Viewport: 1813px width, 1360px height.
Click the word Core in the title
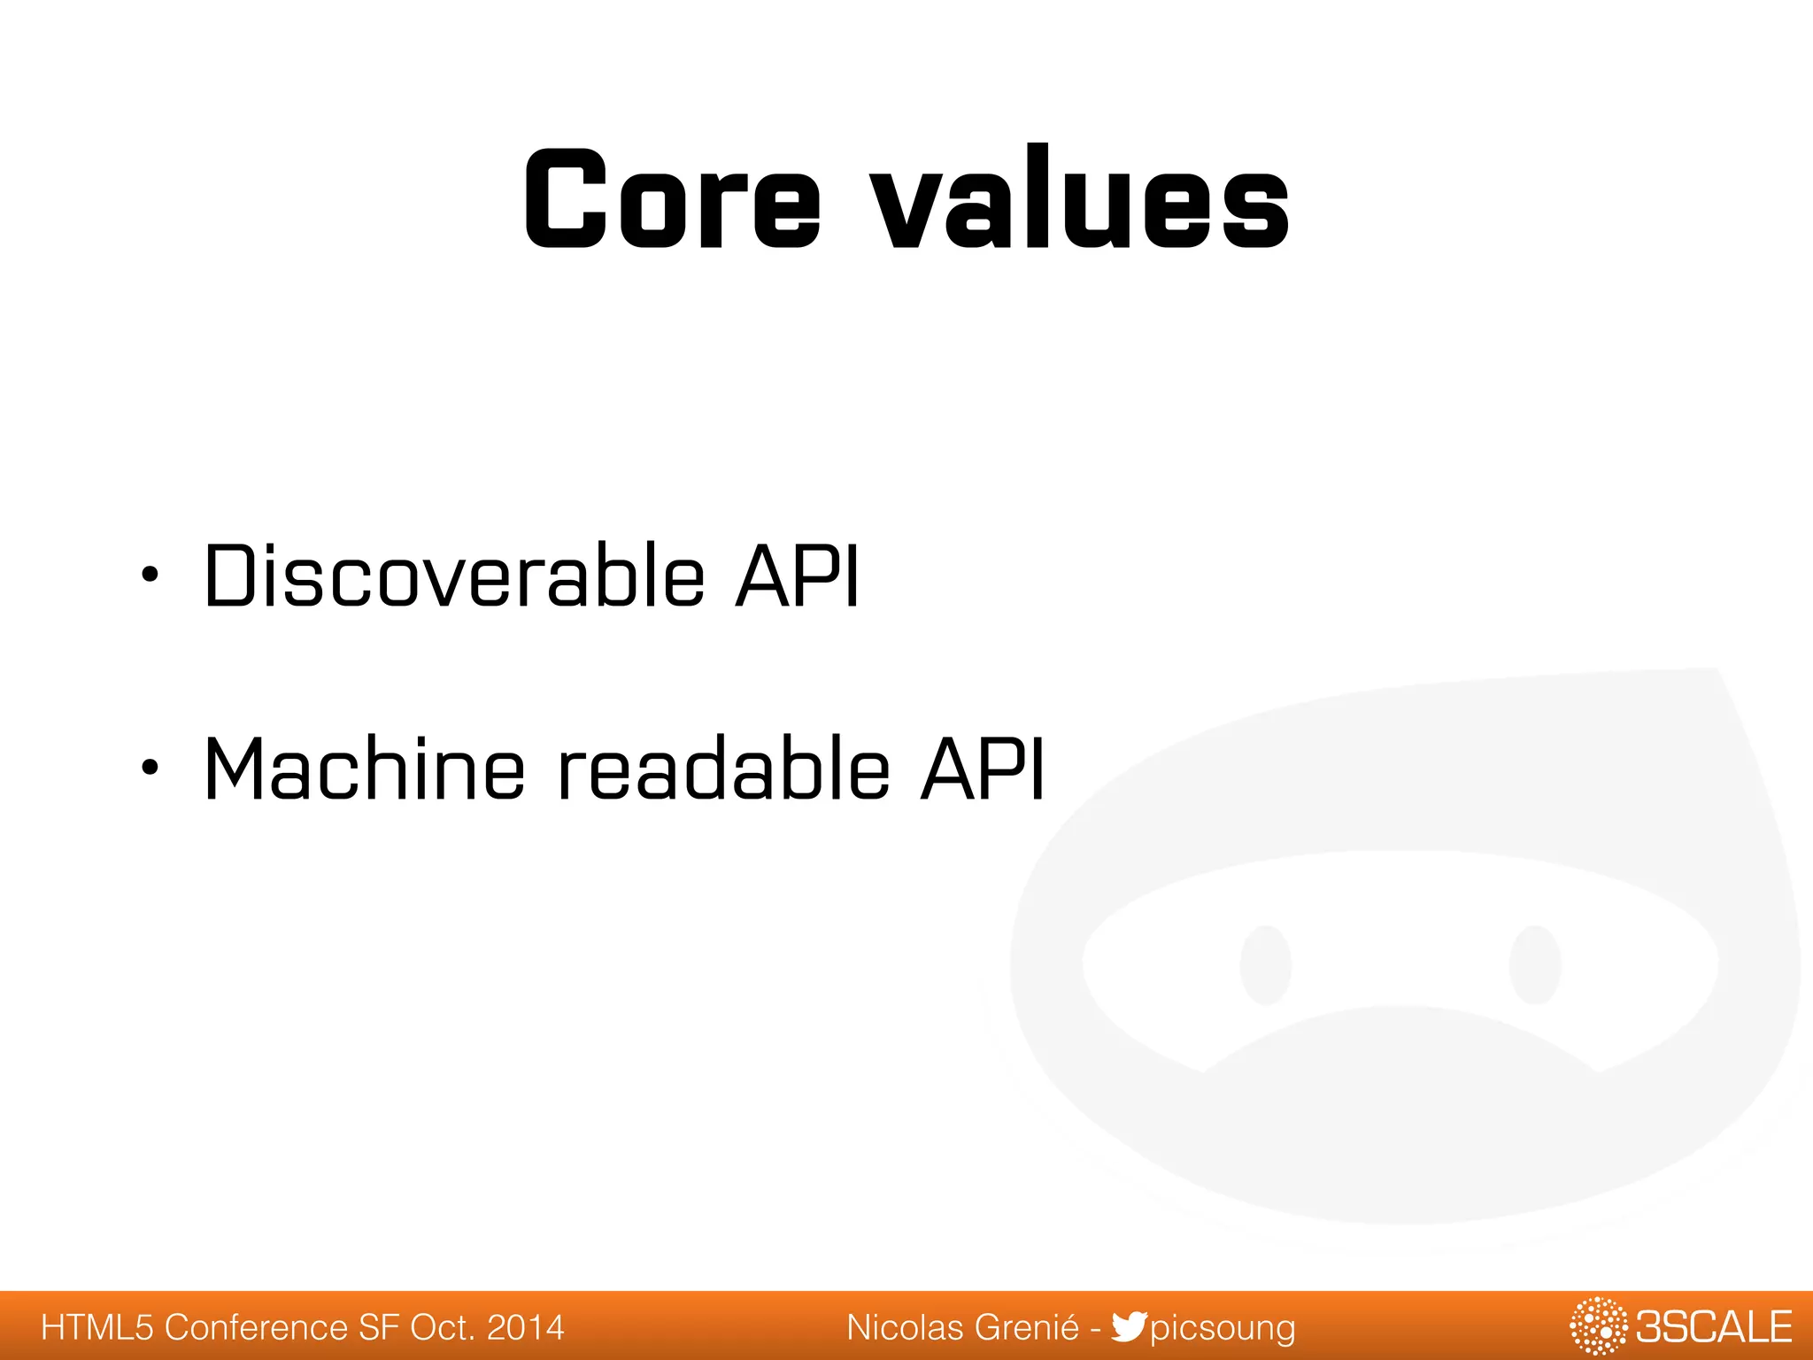(673, 199)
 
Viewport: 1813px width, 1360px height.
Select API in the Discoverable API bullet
(797, 577)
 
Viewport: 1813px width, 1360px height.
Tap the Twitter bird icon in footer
(1128, 1326)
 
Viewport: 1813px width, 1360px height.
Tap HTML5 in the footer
(97, 1327)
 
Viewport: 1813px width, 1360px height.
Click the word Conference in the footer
(256, 1327)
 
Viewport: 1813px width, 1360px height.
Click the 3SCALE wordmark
(1713, 1327)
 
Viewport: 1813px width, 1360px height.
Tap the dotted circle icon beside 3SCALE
(1598, 1326)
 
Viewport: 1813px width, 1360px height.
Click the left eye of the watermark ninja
(1265, 964)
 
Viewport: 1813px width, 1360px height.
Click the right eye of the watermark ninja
(1535, 964)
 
